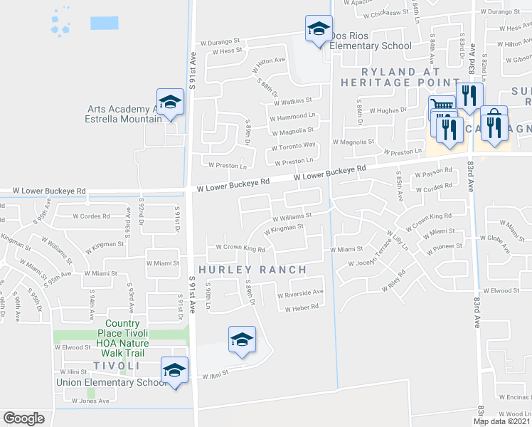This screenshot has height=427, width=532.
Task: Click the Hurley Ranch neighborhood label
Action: point(252,270)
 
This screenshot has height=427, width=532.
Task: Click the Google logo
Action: point(23,418)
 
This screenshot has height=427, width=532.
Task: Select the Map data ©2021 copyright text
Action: point(501,421)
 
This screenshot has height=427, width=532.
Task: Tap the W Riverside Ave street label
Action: point(300,292)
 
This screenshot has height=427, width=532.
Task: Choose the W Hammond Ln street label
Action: point(292,115)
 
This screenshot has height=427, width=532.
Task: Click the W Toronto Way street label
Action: point(292,145)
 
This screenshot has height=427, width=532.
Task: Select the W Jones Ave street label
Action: point(90,401)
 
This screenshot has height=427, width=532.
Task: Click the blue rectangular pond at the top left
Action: point(104,22)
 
